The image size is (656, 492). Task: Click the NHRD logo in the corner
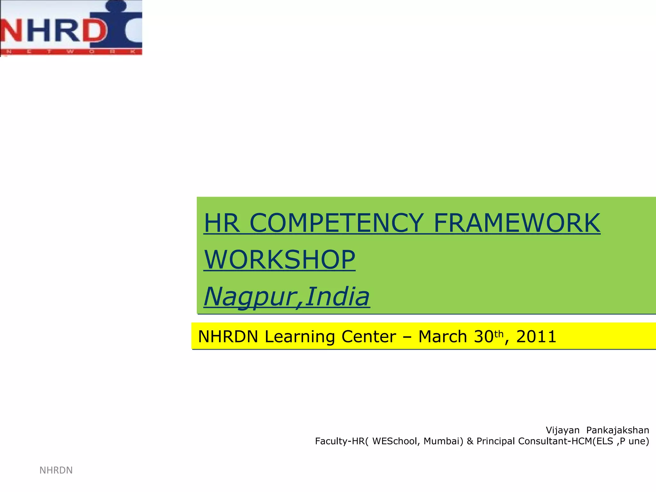click(x=71, y=28)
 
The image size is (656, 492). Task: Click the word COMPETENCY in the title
click(x=336, y=223)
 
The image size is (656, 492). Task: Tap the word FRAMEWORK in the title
click(x=517, y=223)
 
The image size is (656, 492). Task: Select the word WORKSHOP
click(x=279, y=260)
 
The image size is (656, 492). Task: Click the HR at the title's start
click(x=222, y=223)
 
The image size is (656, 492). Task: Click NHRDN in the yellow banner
click(x=228, y=337)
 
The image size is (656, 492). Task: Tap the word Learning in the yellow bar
click(x=299, y=337)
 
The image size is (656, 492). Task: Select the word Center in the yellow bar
click(x=368, y=337)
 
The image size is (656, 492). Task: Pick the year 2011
click(x=536, y=337)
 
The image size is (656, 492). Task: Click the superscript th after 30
click(x=499, y=334)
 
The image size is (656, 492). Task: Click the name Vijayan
click(x=562, y=430)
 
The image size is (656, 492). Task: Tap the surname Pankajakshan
click(x=618, y=430)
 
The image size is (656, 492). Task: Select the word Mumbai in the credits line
click(x=443, y=441)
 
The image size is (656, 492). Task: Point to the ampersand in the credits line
click(x=470, y=441)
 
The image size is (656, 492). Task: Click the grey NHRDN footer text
click(x=56, y=470)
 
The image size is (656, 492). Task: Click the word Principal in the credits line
click(x=496, y=441)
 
